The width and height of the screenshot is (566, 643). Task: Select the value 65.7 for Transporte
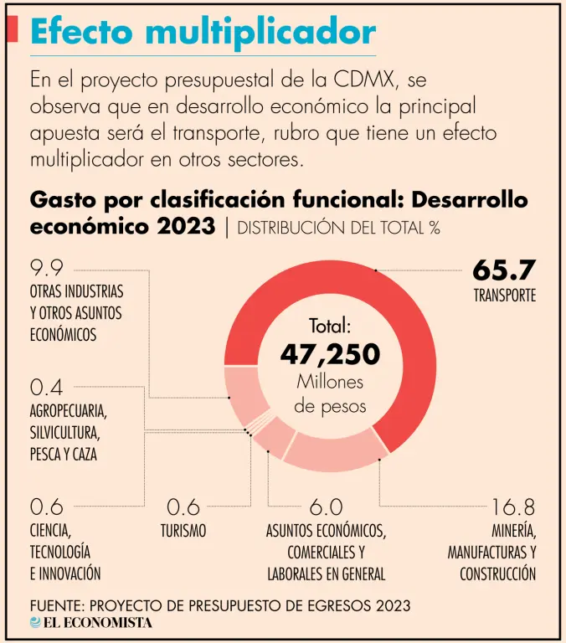click(x=503, y=270)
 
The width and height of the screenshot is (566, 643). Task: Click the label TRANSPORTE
click(x=504, y=296)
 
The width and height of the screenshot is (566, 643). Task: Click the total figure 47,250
click(x=330, y=354)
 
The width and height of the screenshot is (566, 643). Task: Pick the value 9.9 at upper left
click(x=47, y=270)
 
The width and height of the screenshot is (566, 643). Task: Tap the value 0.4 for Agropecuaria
click(x=47, y=388)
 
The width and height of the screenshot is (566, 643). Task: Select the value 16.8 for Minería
click(x=512, y=507)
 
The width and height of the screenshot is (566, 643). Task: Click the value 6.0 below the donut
click(x=326, y=507)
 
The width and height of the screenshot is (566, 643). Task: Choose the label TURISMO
click(x=183, y=531)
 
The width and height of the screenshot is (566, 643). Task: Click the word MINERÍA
click(x=513, y=531)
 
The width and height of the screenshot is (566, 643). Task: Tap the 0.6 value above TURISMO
click(x=183, y=507)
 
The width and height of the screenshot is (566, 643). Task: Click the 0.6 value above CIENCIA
click(x=47, y=507)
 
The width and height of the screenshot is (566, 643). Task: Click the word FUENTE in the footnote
click(x=56, y=604)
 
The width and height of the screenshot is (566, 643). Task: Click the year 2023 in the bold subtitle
click(x=185, y=226)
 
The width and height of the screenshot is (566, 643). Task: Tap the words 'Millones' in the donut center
click(x=330, y=383)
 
